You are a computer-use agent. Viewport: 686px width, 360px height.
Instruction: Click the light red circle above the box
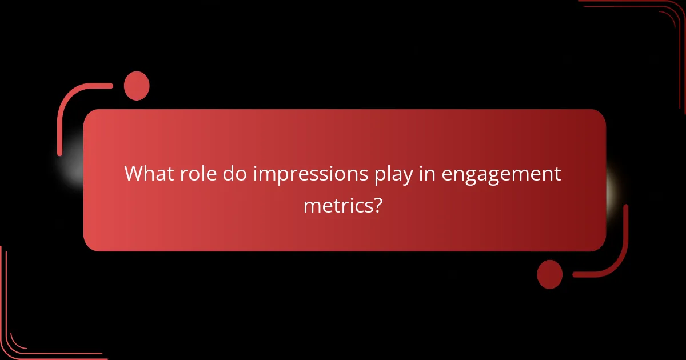[137, 86]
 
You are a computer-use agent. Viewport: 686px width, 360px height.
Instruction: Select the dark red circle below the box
[550, 274]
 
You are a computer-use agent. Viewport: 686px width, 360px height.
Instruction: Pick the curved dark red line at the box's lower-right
[617, 257]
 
